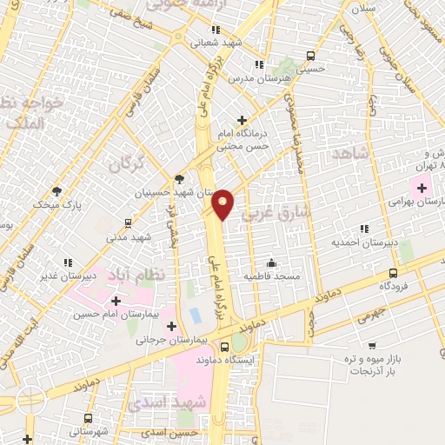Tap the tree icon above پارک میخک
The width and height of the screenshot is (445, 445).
(57, 190)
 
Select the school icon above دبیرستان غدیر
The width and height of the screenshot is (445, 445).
(67, 262)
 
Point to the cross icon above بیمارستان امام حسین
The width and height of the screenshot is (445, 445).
(116, 300)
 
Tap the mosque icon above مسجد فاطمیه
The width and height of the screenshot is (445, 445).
(272, 262)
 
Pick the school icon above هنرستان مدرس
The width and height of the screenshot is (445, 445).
(258, 64)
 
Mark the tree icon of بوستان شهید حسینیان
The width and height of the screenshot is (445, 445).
(179, 178)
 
